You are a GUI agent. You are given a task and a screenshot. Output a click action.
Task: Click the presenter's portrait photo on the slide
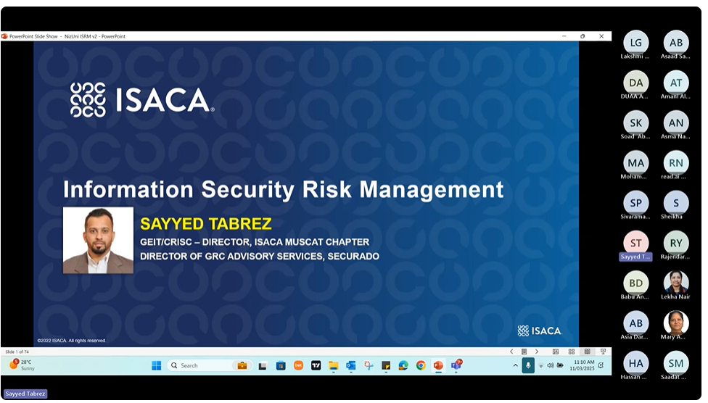98,240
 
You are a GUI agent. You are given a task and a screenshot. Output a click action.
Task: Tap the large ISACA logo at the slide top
141,100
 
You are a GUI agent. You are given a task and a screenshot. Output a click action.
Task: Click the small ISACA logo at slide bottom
539,331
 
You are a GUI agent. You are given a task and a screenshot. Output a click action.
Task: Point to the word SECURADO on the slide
353,256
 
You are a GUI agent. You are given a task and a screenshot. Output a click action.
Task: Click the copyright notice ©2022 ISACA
72,340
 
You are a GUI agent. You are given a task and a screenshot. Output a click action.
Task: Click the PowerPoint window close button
601,36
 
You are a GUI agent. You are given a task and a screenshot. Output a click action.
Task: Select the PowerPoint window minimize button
564,36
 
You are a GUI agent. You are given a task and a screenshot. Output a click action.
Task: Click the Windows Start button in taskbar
156,365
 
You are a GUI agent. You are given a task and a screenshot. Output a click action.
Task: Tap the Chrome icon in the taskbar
421,365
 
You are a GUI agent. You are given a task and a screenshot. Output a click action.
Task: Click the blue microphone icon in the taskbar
528,365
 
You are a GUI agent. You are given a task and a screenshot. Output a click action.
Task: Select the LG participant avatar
635,43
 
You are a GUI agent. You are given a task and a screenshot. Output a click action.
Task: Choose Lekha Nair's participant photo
675,281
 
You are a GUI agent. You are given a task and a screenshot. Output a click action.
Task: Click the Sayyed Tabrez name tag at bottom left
25,394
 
